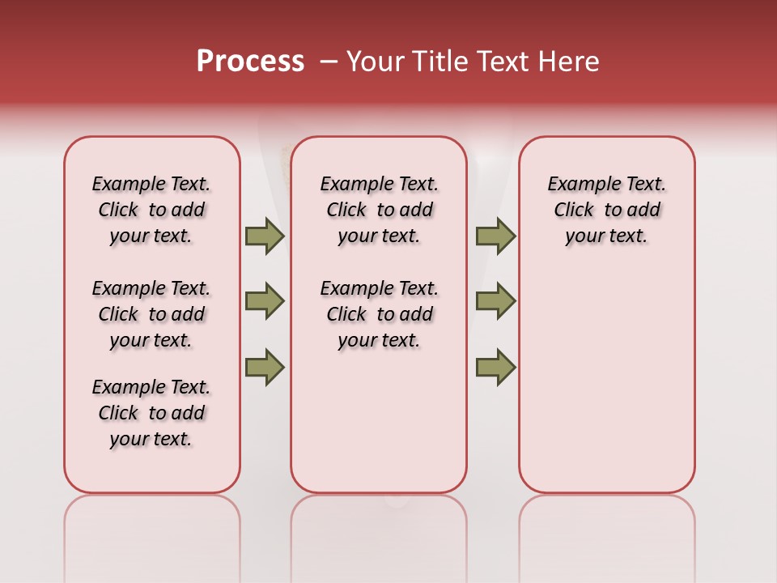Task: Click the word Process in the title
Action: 250,62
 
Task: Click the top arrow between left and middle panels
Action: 265,236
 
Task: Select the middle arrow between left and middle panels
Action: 265,301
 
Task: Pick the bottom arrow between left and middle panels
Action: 265,368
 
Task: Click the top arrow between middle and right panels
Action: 495,236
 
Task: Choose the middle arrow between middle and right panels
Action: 495,301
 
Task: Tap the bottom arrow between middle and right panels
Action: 495,368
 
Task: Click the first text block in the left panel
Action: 151,210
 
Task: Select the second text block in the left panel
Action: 151,314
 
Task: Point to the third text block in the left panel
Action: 151,413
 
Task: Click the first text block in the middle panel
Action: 379,210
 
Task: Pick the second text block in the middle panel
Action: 379,314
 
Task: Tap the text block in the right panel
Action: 607,210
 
